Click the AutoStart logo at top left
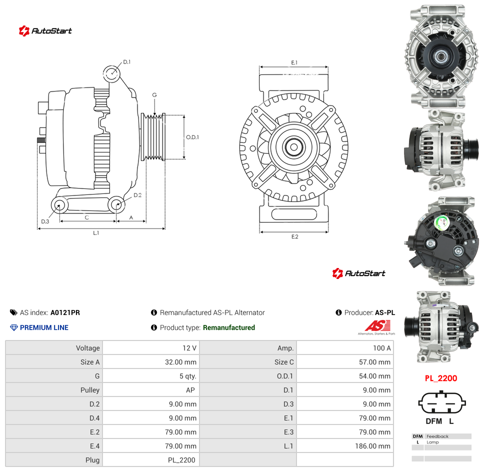coord(45,31)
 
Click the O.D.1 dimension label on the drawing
coord(192,137)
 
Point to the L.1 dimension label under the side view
coord(96,233)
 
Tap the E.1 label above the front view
coord(294,62)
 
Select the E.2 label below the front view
coord(295,236)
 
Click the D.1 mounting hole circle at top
coord(111,74)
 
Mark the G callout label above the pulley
coord(154,95)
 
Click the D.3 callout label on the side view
coord(45,221)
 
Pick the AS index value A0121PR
coord(65,312)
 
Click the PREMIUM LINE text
coord(44,327)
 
